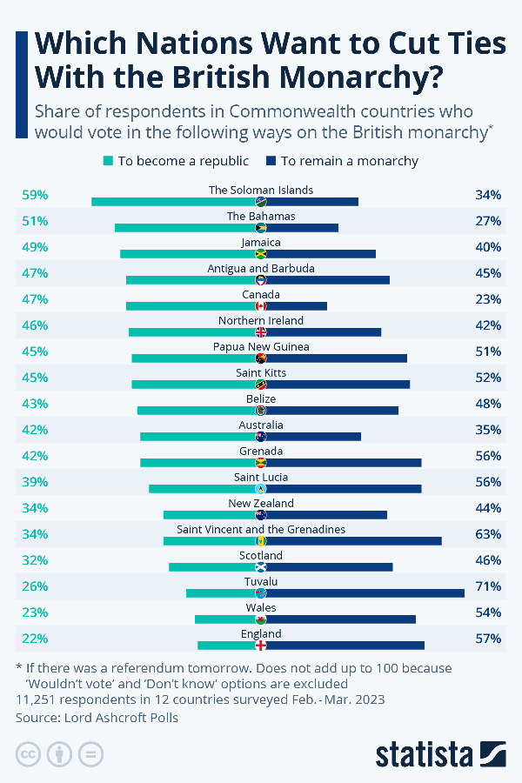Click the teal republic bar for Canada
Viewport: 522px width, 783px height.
point(191,306)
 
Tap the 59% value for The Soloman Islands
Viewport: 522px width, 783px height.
point(35,195)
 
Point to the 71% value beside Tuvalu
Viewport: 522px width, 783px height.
point(488,586)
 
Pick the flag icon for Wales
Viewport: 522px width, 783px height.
point(260,619)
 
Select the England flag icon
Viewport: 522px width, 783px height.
point(260,646)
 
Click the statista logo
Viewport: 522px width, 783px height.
point(440,753)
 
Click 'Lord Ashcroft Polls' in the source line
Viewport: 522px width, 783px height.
point(128,718)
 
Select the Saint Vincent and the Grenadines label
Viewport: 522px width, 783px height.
point(261,529)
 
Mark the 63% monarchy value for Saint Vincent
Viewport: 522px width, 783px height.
point(488,534)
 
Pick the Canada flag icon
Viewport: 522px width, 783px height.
point(260,306)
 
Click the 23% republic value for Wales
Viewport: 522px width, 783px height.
point(35,612)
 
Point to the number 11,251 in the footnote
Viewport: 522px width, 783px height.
point(37,699)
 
